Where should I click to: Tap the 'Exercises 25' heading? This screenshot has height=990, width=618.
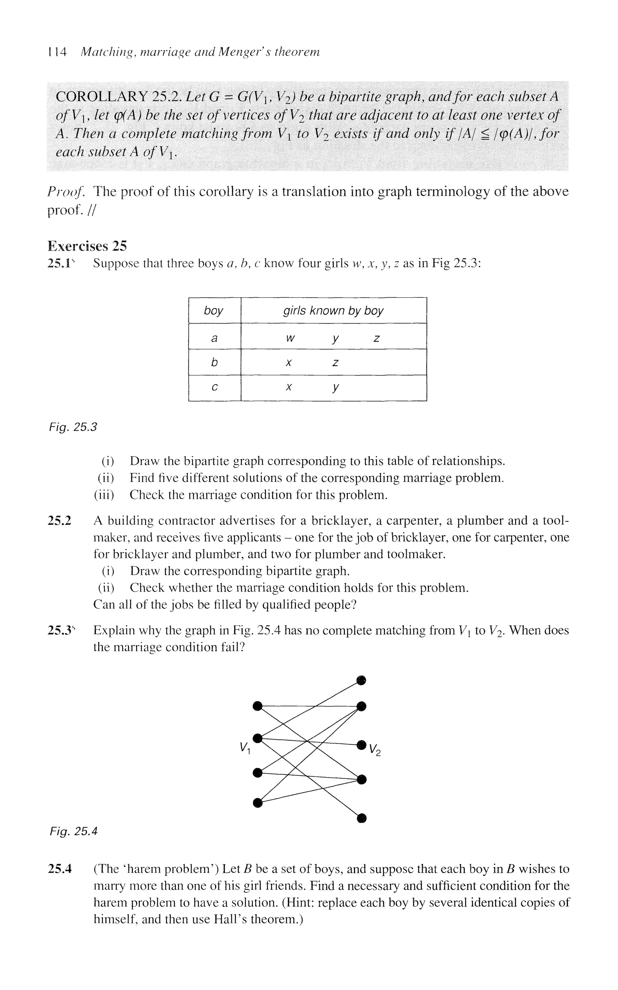pos(87,246)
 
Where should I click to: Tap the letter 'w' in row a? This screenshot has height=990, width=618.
pos(290,338)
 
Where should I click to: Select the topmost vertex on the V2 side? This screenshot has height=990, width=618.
pos(361,680)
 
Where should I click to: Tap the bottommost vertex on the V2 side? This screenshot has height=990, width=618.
pos(361,818)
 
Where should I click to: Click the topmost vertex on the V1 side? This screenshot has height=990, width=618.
pos(257,705)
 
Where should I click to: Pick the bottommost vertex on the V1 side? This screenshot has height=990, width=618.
pos(257,803)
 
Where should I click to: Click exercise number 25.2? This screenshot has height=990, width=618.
pos(60,521)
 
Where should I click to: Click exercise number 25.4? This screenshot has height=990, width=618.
pos(60,869)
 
